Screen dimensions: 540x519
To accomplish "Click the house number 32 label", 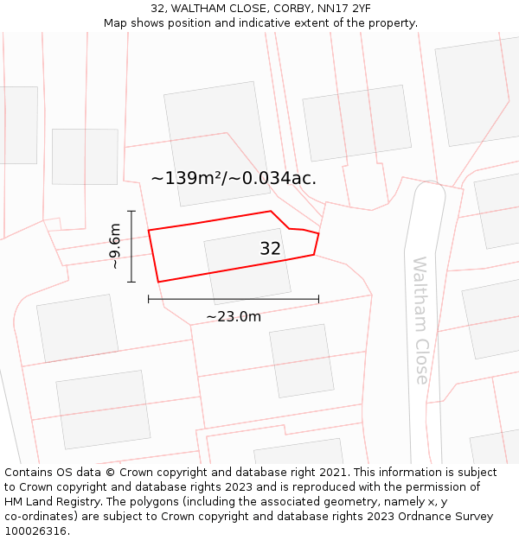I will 270,249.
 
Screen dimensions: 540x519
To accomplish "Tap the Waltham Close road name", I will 420,320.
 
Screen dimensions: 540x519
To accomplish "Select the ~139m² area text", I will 186,179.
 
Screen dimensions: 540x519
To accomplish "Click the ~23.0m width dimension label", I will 234,316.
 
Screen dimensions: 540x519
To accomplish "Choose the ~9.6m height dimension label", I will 115,246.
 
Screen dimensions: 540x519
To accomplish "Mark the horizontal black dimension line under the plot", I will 234,299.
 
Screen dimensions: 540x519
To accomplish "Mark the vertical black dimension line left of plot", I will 131,246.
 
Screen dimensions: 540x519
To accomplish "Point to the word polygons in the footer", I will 143,502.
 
